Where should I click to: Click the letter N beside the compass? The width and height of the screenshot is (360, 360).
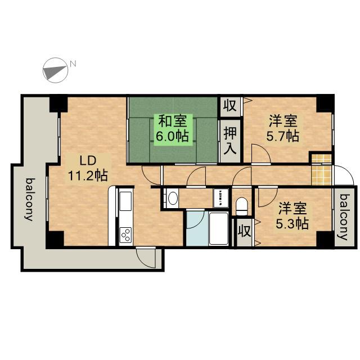click(x=73, y=64)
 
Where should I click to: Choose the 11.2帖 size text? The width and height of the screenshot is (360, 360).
click(x=88, y=175)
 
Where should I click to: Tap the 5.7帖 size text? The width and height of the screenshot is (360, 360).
click(x=282, y=136)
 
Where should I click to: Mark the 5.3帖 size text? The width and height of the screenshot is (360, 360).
click(x=292, y=223)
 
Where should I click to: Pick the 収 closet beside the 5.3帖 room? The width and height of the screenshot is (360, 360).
click(x=244, y=231)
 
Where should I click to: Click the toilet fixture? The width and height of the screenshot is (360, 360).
click(x=242, y=206)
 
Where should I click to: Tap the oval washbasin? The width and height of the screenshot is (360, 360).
click(x=172, y=198)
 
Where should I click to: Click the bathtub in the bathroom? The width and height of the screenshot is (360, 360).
click(x=218, y=229)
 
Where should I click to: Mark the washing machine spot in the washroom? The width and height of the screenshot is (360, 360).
click(x=220, y=197)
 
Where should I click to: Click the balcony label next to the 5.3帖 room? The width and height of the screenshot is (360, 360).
click(x=344, y=217)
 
